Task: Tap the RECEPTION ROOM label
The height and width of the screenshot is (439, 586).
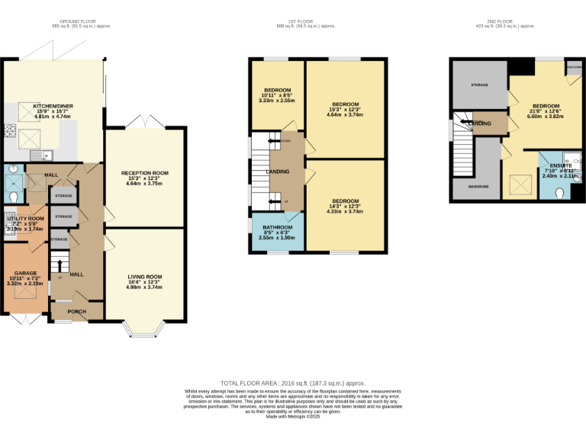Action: tap(144, 173)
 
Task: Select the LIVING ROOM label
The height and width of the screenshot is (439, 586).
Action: tap(144, 277)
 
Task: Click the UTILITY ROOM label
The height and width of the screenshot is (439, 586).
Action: tap(25, 218)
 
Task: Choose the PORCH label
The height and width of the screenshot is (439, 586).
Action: tap(77, 312)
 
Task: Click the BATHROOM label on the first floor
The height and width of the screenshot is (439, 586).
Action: tap(278, 227)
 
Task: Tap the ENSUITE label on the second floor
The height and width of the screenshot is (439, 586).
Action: tap(561, 165)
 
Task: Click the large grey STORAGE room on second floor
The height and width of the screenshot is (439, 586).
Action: tap(479, 85)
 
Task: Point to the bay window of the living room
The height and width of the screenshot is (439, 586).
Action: tap(144, 328)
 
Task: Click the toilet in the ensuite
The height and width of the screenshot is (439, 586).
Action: tap(561, 194)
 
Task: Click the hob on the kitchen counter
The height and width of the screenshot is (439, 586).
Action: tap(10, 131)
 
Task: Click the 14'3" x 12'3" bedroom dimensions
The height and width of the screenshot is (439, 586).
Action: tap(346, 206)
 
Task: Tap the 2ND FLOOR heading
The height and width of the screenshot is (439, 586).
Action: tap(512, 21)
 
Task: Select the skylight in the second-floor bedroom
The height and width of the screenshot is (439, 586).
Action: tap(518, 183)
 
